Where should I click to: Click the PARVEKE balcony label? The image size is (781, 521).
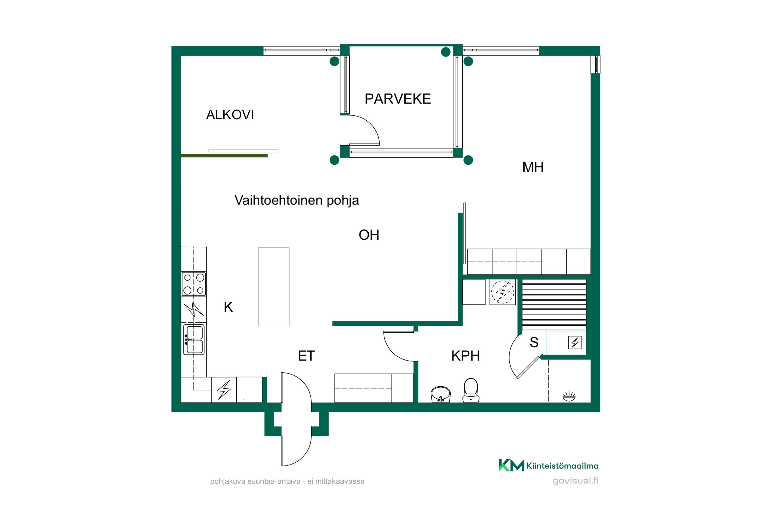(398, 99)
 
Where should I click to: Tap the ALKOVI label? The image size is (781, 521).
(230, 115)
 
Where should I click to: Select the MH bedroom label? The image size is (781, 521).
(533, 167)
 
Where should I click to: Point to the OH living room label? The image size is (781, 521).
(369, 235)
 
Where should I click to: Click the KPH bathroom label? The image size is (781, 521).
(465, 356)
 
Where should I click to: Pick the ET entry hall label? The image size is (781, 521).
(306, 356)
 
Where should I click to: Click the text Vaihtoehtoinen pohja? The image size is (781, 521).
(297, 200)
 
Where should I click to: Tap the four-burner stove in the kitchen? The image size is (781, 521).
(194, 284)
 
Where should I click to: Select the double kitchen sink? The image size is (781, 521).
(194, 340)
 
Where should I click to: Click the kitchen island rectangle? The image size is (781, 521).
(274, 287)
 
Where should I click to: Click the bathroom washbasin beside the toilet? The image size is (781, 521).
(441, 394)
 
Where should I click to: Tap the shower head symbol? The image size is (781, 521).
(569, 396)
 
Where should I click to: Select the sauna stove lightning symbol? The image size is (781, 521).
(575, 343)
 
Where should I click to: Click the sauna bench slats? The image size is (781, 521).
(554, 304)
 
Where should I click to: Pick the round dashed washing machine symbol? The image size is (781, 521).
(502, 292)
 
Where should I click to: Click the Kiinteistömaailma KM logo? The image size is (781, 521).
(548, 465)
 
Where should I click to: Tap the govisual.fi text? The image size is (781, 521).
(575, 481)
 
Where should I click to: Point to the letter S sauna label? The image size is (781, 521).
(534, 342)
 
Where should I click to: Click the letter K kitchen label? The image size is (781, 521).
(228, 307)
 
